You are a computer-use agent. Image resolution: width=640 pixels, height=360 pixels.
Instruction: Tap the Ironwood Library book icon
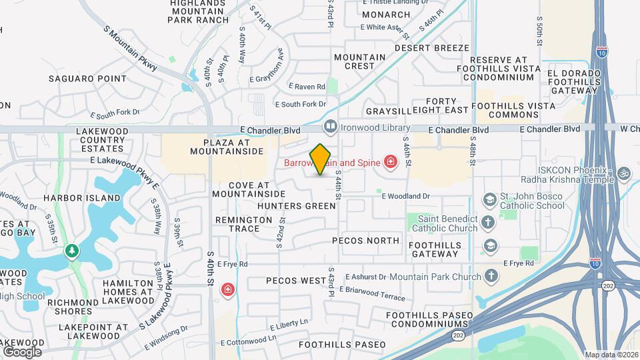click(329, 126)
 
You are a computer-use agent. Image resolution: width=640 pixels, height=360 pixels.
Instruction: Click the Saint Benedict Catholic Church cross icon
click(489, 223)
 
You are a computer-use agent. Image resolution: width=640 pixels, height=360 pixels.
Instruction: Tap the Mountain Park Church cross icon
click(491, 276)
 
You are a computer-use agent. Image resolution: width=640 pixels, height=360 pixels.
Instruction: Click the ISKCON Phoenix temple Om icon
click(624, 173)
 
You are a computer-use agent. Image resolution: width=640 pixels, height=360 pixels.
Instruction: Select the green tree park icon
click(71, 251)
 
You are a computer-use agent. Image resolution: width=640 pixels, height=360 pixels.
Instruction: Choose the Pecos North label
click(365, 241)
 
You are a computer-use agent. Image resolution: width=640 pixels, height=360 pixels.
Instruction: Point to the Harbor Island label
click(76, 198)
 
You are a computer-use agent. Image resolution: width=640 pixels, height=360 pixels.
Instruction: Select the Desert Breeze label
click(432, 48)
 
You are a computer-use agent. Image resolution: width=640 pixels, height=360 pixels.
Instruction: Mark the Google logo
click(22, 351)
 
